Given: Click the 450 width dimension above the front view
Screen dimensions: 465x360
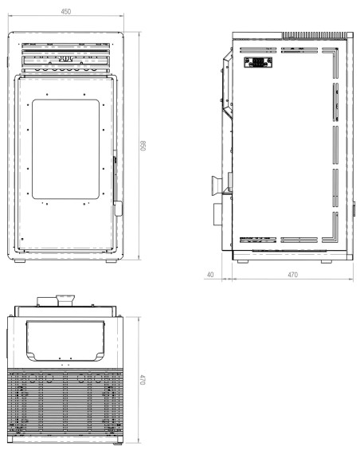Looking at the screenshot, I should (67, 11).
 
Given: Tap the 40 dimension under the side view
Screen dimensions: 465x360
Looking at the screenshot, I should (210, 275).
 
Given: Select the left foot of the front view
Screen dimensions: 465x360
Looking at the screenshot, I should (21, 261).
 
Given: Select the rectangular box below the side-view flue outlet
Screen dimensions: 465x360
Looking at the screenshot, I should (217, 216).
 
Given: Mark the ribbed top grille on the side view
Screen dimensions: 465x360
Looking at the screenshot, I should (314, 35).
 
